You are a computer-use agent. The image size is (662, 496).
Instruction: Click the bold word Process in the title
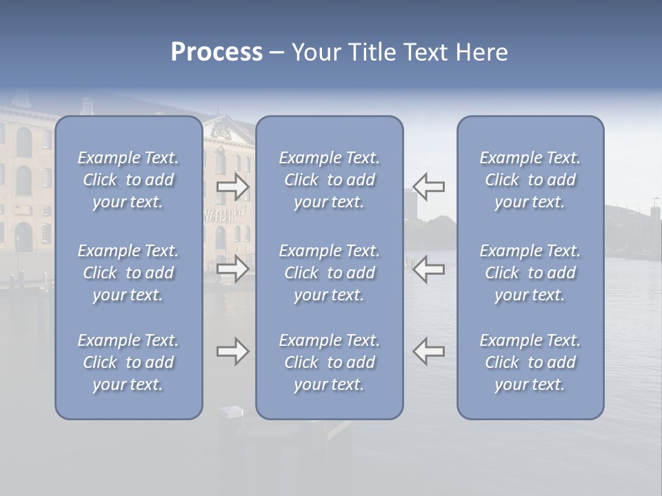pos(217,52)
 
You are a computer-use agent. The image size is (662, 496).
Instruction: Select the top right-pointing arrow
pos(232,186)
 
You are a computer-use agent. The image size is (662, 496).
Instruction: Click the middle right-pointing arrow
pos(232,269)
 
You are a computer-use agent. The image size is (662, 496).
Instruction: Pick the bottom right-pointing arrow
pos(232,351)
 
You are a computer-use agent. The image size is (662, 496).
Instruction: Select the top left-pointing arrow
pos(429,186)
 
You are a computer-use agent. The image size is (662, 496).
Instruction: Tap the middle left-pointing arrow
pos(429,269)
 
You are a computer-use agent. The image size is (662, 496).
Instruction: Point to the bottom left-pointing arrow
pos(429,351)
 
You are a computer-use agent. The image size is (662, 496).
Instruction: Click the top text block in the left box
pos(128,180)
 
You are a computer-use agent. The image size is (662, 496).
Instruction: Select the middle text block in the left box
pos(128,273)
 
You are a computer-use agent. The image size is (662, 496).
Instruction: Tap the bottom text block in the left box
pos(128,362)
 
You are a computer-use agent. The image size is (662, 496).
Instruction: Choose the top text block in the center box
pos(330,180)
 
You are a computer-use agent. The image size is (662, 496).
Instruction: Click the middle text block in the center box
pos(330,273)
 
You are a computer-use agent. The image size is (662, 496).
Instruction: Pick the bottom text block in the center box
pos(330,362)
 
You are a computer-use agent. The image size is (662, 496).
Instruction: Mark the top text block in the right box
pos(530,180)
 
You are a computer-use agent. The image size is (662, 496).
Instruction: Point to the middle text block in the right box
pos(530,273)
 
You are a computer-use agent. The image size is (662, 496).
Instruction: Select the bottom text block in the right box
pos(530,362)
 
